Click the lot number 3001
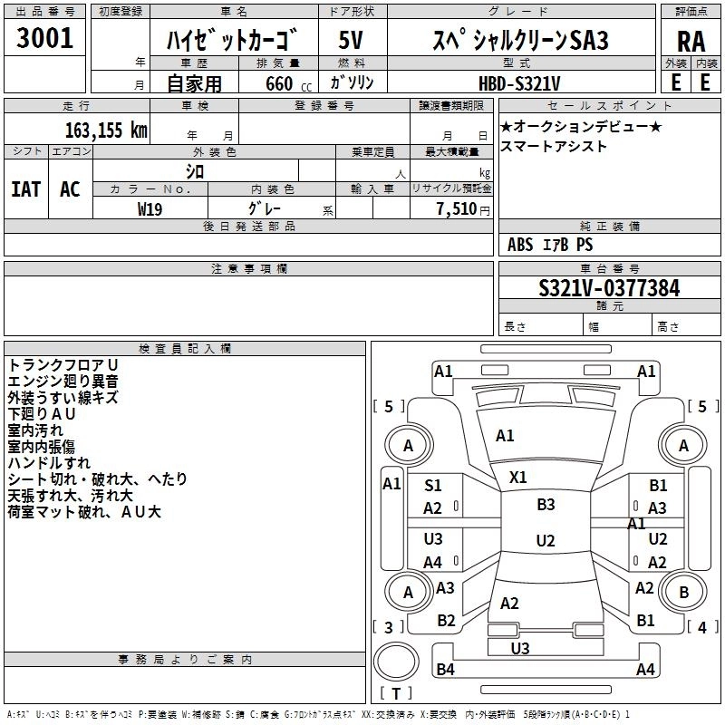[44, 38]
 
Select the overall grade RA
[691, 42]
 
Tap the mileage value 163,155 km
[106, 130]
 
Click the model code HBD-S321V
[519, 83]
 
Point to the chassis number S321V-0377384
[609, 288]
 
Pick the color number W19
[150, 209]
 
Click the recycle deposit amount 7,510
[457, 209]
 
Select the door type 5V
[351, 40]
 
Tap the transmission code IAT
[26, 189]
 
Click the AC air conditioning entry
[70, 189]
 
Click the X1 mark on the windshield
[517, 478]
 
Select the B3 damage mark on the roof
[546, 505]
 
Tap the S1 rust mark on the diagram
[433, 486]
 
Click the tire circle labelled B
[684, 592]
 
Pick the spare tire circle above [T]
[396, 662]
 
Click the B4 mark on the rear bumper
[445, 669]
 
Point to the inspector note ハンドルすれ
[49, 463]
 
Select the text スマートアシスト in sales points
[553, 146]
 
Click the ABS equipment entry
[520, 245]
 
